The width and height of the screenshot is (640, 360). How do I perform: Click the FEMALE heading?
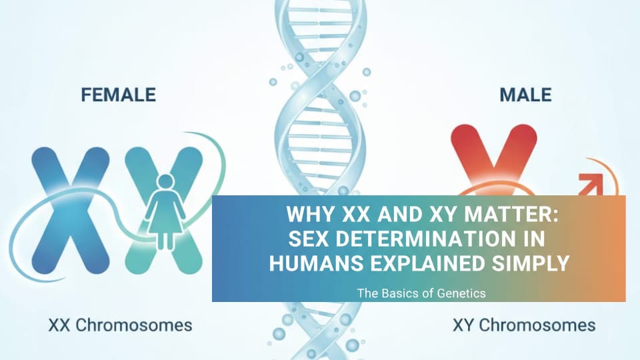(119, 95)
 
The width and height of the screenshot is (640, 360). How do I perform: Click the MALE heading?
(526, 95)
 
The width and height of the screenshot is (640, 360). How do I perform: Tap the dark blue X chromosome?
(71, 210)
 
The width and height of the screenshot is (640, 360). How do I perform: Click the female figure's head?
(166, 182)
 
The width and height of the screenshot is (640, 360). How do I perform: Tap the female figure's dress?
(166, 212)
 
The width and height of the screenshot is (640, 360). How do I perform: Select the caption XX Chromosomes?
(121, 325)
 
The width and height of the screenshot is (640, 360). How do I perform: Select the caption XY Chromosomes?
(524, 325)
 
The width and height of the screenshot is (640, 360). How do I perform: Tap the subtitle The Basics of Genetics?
(421, 293)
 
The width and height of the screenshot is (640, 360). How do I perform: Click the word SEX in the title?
(309, 239)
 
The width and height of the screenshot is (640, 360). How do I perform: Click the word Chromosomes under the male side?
(537, 325)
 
